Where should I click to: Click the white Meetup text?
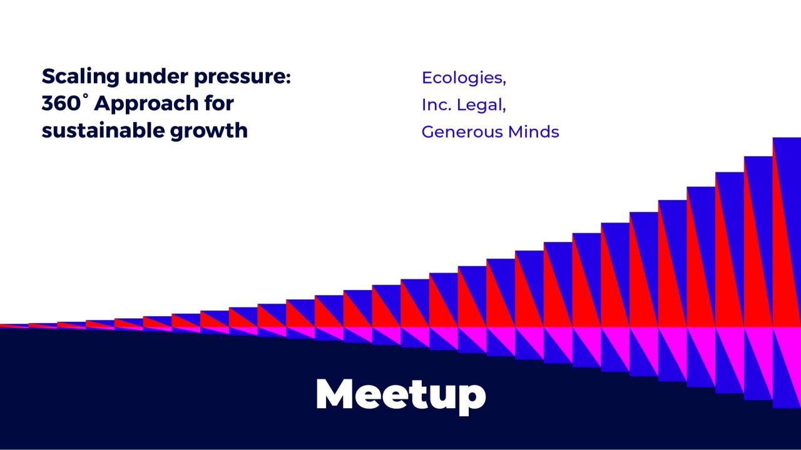pyautogui.click(x=400, y=394)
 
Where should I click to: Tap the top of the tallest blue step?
pyautogui.click(x=787, y=139)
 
